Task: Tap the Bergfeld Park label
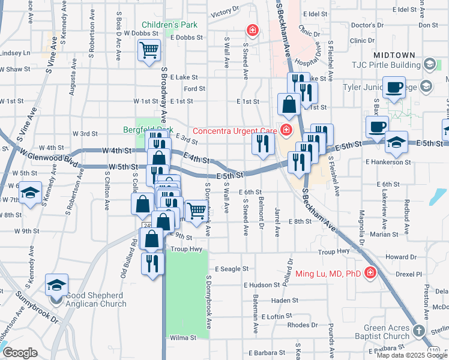pyautogui.click(x=148, y=129)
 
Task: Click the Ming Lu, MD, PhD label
pyautogui.click(x=328, y=274)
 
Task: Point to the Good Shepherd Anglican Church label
pyautogui.click(x=97, y=295)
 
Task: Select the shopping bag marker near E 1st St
pyautogui.click(x=289, y=104)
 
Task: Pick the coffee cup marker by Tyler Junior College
pyautogui.click(x=394, y=88)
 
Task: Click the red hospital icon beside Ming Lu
pyautogui.click(x=370, y=274)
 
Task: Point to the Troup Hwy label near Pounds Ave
pyautogui.click(x=334, y=252)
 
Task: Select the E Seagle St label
pyautogui.click(x=231, y=269)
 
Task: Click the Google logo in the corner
pyautogui.click(x=20, y=353)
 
